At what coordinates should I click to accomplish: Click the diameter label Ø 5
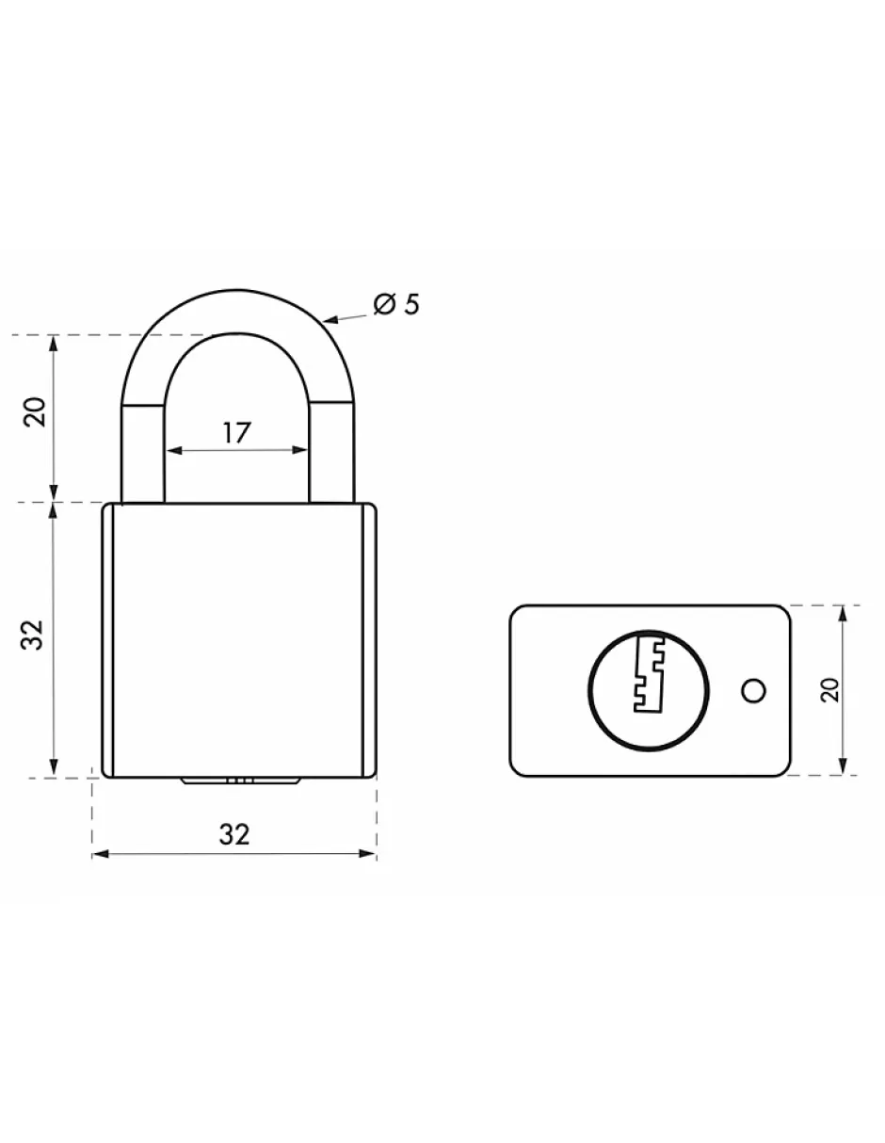coord(395,304)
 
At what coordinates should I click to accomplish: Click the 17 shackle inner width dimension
coord(237,433)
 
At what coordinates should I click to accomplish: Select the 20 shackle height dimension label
coord(35,411)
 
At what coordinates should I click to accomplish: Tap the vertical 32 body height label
coord(35,635)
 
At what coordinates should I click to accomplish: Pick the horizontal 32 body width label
coord(234,834)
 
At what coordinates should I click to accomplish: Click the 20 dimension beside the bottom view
coord(829,690)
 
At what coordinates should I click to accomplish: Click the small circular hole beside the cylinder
coord(753,691)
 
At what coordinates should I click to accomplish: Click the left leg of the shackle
coord(143,452)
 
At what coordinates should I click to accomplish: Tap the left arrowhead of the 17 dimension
coord(172,451)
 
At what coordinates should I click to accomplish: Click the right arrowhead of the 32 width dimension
coord(370,854)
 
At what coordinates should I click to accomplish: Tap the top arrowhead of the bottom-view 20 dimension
coord(843,613)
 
